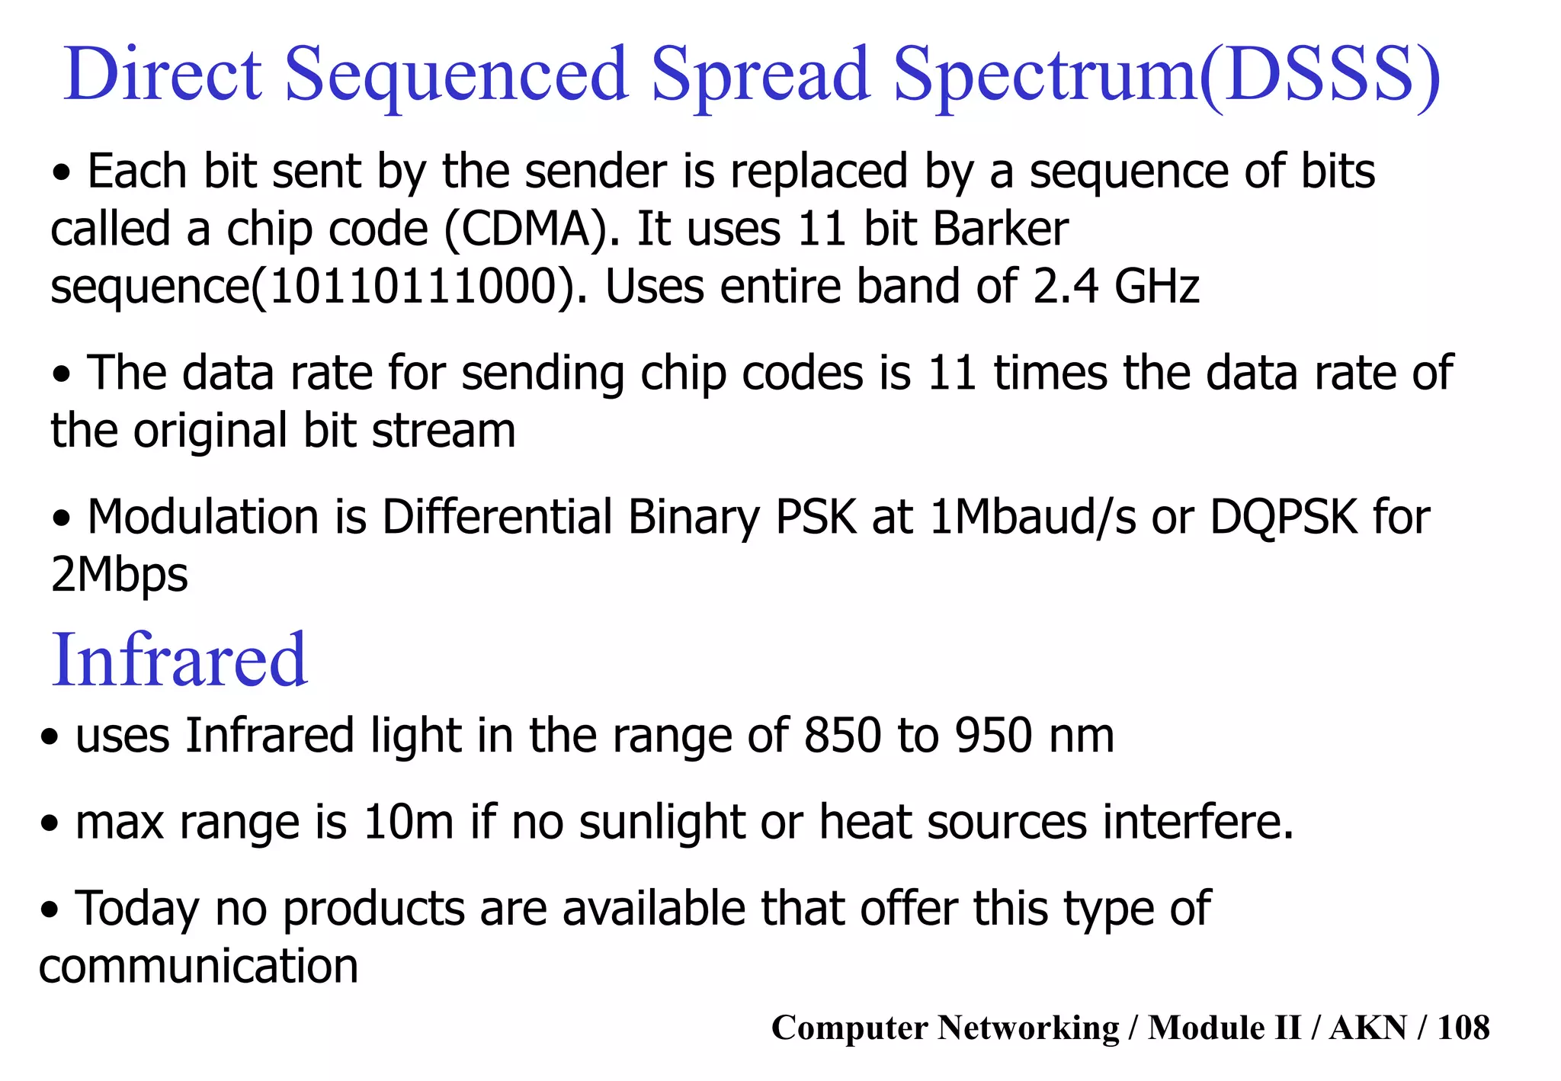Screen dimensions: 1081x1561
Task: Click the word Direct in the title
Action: coord(163,74)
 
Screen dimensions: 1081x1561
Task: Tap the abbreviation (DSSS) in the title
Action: coord(1320,74)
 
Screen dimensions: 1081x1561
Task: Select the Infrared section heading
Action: coord(179,659)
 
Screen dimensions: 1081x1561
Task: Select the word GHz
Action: coord(1157,287)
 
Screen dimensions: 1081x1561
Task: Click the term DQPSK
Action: coord(1284,517)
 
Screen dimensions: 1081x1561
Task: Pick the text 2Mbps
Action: coord(119,575)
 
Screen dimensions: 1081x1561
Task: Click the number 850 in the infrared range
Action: coord(842,736)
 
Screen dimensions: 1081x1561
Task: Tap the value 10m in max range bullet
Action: coord(408,823)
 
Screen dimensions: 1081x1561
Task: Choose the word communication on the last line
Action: coord(198,967)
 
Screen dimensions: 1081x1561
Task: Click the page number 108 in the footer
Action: coord(1463,1028)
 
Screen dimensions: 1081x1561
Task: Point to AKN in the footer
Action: coord(1368,1028)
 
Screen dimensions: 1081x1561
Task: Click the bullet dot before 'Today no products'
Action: coord(50,911)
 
